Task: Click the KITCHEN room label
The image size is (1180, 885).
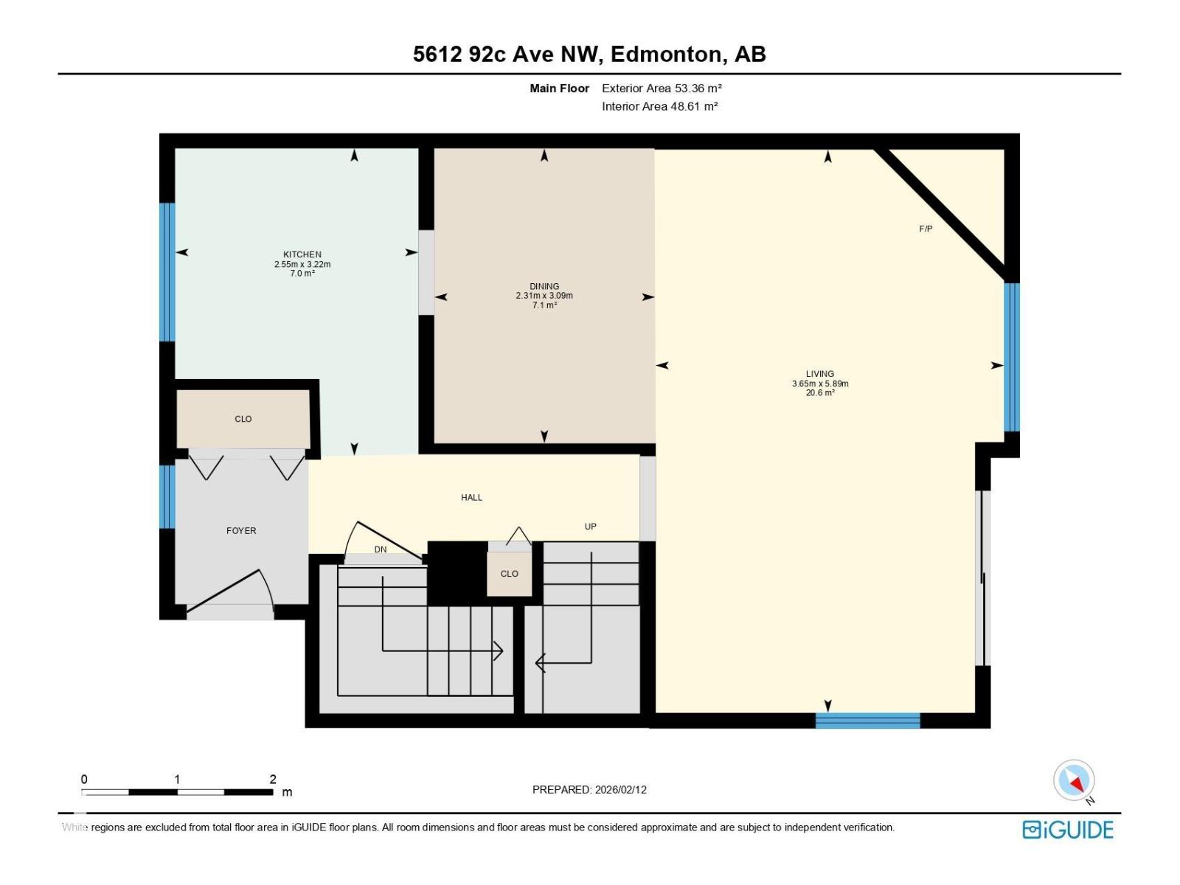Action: coord(302,254)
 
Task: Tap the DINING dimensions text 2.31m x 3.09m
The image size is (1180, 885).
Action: coord(544,296)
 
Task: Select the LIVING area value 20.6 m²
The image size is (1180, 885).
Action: coord(820,393)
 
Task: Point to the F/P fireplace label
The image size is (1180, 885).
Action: coord(926,229)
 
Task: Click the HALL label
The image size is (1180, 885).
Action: coord(471,497)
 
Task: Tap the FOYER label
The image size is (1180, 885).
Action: coord(241,530)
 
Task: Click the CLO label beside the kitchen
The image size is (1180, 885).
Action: coord(243,419)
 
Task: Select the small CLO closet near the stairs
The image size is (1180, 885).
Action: coord(509,573)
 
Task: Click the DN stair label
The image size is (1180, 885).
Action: coord(380,549)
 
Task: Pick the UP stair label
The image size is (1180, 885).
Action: coord(590,527)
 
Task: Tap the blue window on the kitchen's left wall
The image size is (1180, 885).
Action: coord(167,271)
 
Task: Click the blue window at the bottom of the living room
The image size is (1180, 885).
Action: coord(867,721)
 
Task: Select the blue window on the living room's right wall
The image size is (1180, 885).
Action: coord(1011,357)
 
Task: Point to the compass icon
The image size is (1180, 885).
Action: coord(1074,780)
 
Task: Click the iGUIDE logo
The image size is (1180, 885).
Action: coord(1067,830)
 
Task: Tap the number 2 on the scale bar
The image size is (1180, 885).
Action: coord(273,780)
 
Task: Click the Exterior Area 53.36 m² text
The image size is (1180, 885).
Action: coord(661,88)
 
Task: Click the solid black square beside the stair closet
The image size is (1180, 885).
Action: coord(457,573)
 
